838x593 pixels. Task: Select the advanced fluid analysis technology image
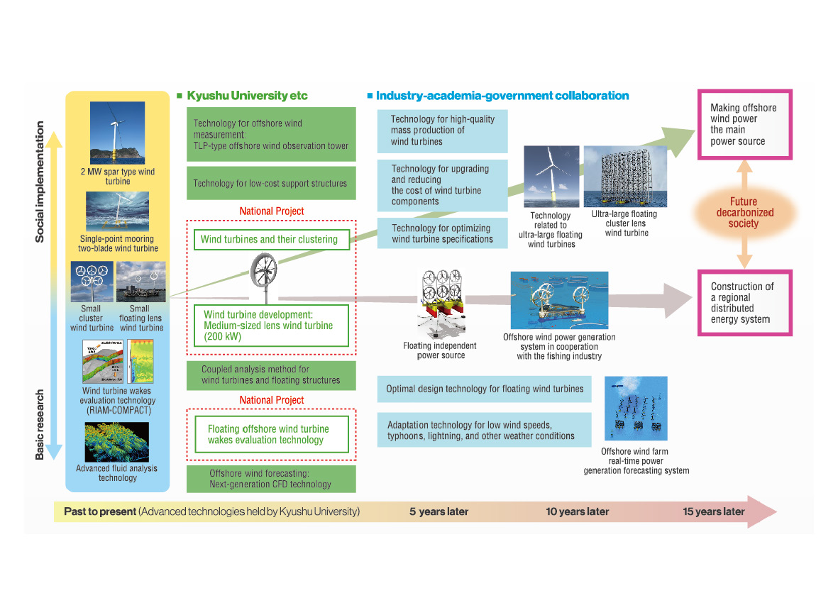[117, 443]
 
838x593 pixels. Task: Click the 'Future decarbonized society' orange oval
[743, 213]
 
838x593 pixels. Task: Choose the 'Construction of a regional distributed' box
[746, 303]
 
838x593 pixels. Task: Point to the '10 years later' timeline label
[578, 511]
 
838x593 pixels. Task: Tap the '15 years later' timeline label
[713, 511]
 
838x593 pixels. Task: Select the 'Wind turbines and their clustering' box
[271, 239]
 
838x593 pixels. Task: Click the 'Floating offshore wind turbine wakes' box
[271, 434]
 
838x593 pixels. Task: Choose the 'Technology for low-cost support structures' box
[270, 183]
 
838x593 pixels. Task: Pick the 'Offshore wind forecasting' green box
[270, 479]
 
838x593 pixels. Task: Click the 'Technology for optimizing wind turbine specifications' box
[442, 233]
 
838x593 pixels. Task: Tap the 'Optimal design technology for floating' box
[485, 389]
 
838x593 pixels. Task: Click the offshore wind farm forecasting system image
[635, 409]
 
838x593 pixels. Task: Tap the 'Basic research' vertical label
[40, 423]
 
